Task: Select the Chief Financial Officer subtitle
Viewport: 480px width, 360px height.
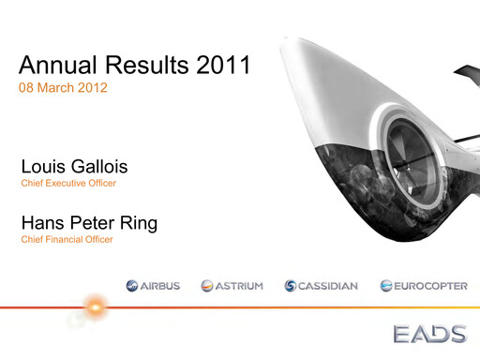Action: click(67, 241)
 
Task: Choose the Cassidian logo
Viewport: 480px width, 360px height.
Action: click(321, 286)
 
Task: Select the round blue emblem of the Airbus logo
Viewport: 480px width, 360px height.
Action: click(131, 286)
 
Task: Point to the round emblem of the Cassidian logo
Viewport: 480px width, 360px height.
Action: click(291, 286)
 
